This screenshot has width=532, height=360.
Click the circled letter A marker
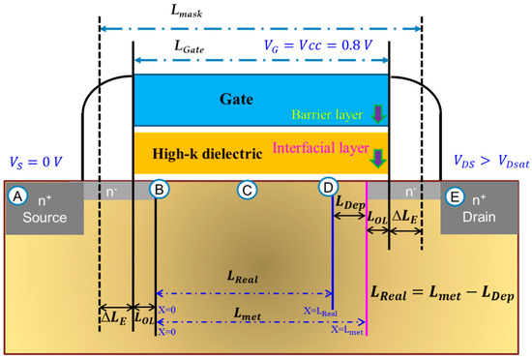15,194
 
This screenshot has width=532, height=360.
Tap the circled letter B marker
160,190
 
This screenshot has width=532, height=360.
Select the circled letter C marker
247,190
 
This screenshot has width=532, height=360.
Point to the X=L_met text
348,330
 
